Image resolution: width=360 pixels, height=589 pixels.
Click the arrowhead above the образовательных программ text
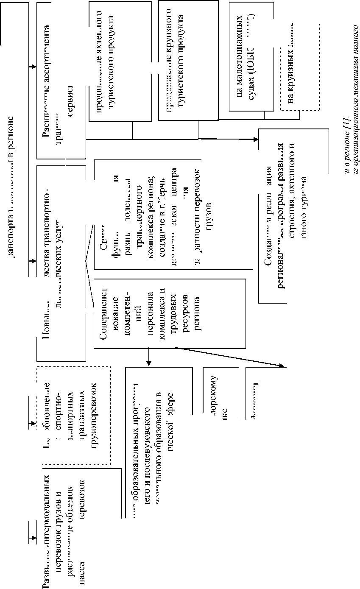pyautogui.click(x=149, y=363)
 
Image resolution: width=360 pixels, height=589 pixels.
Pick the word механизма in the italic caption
pyautogui.click(x=355, y=84)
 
